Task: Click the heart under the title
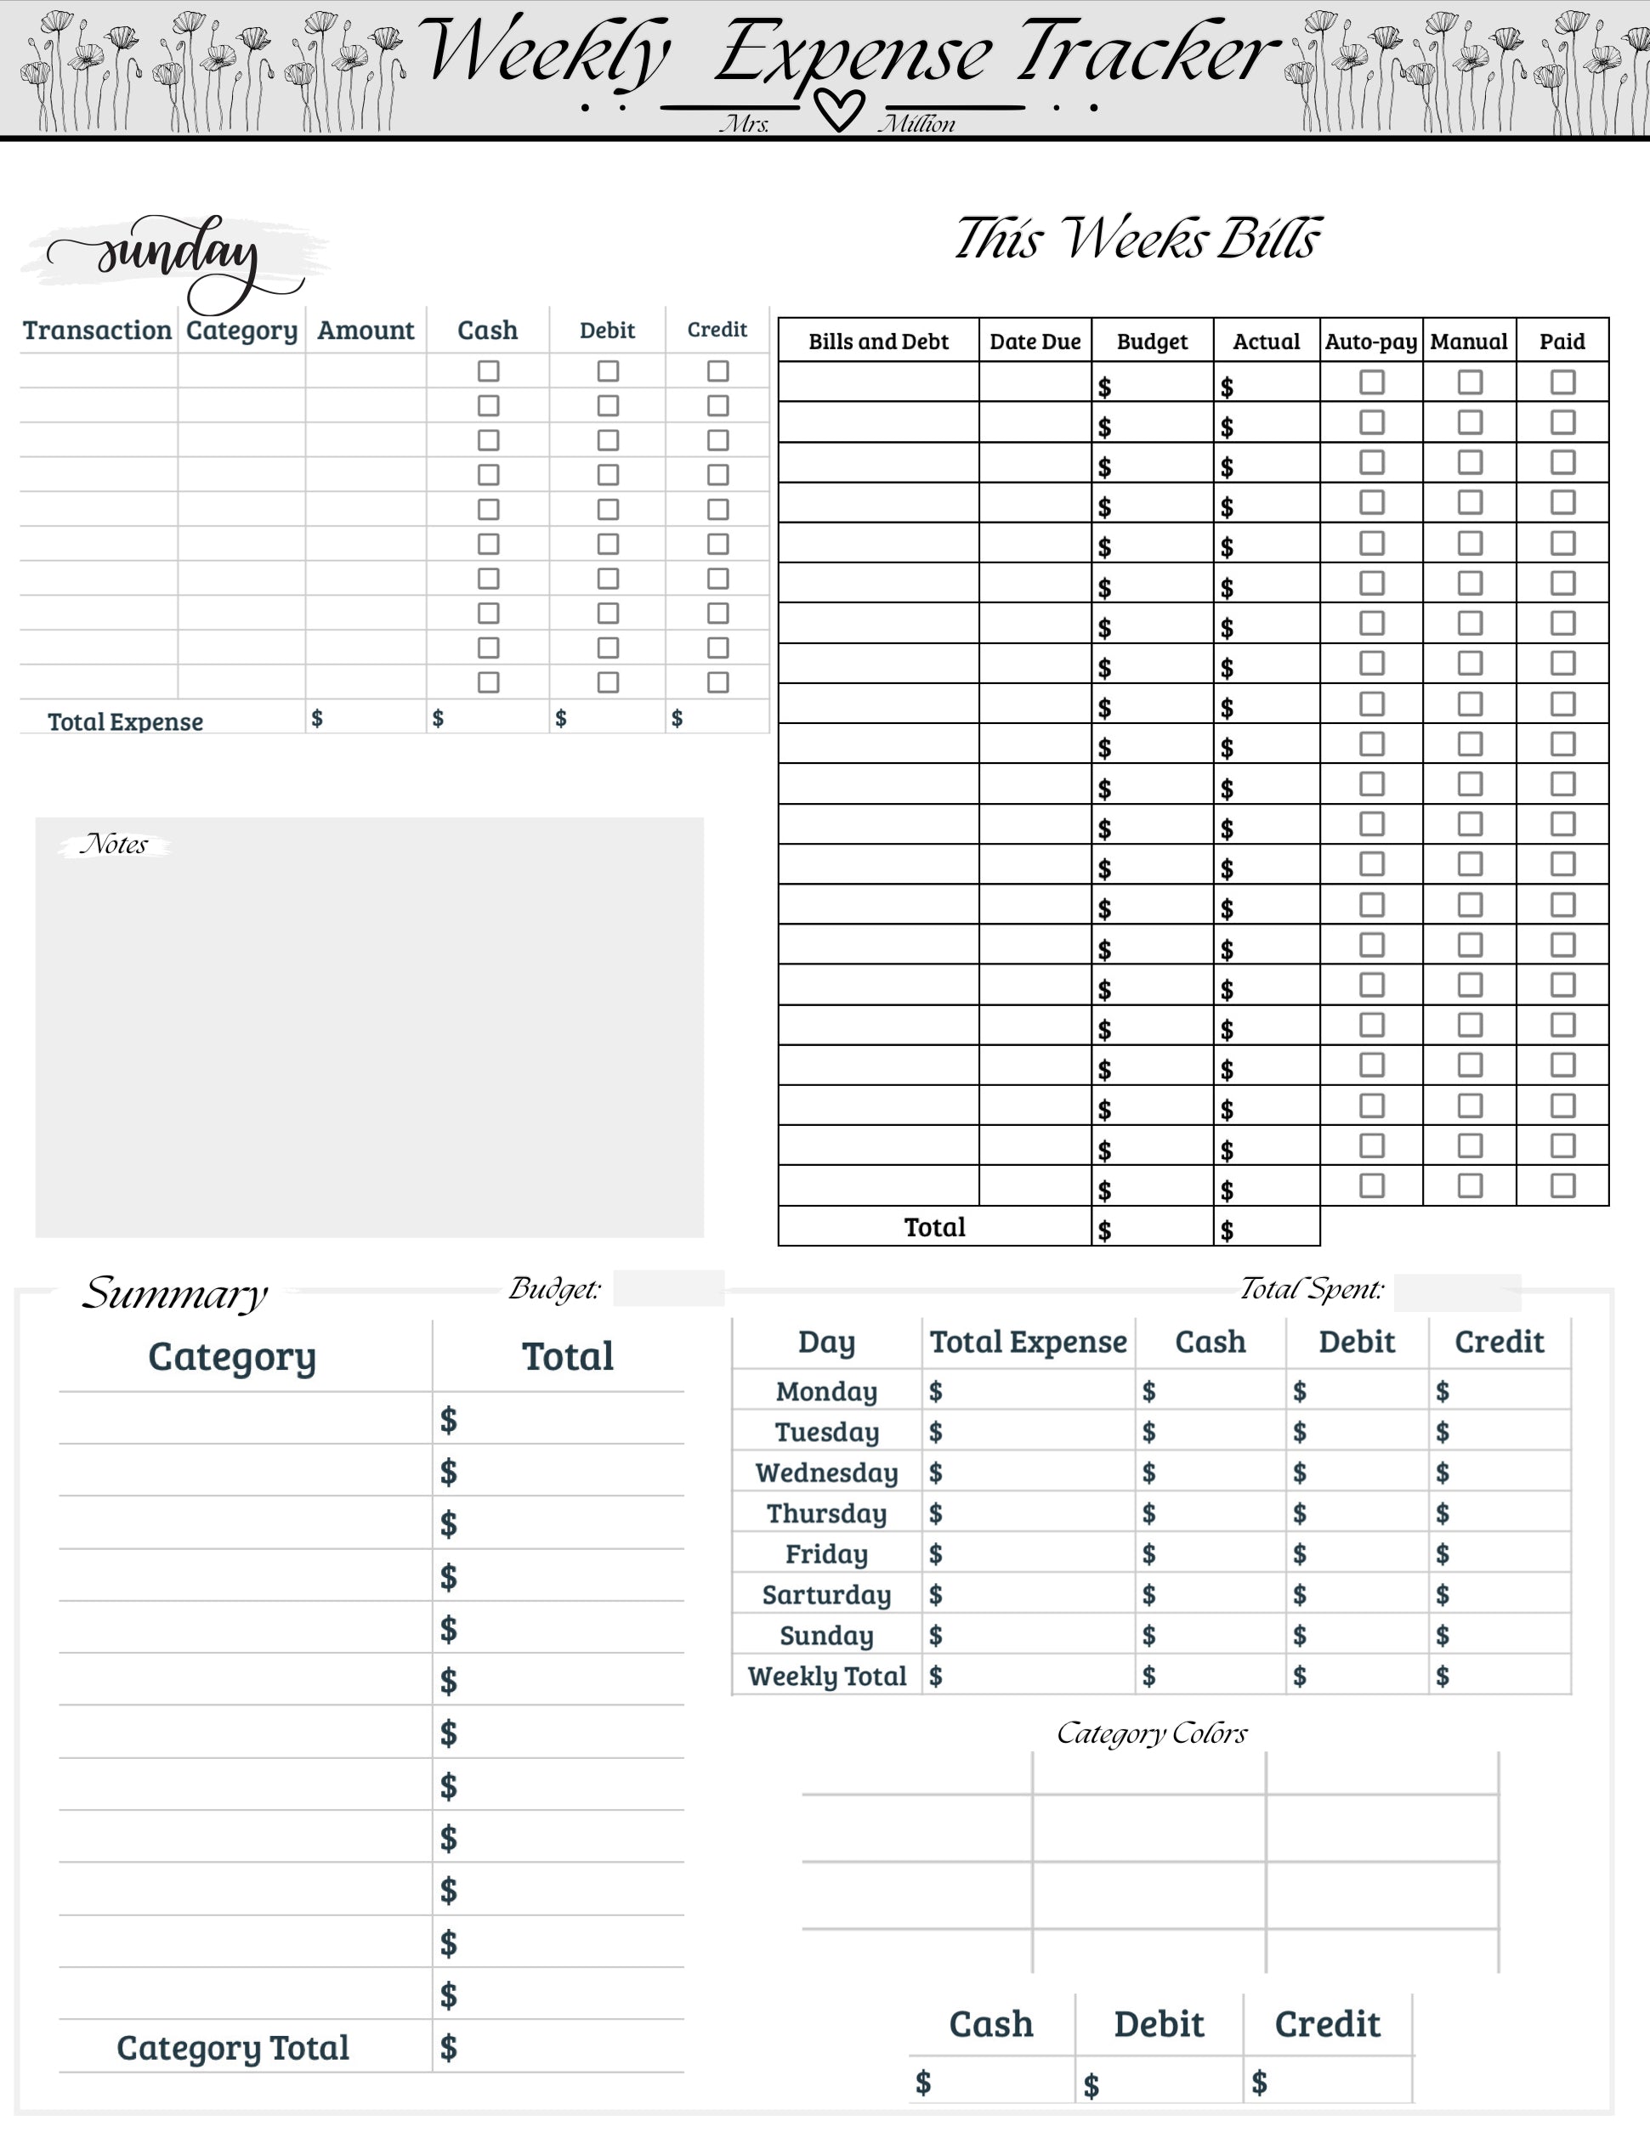point(840,110)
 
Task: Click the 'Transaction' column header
point(98,331)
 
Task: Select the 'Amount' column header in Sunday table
point(366,331)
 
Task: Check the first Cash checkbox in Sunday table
point(488,371)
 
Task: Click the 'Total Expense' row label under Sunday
point(125,721)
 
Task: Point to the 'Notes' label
point(114,845)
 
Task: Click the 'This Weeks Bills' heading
point(1137,239)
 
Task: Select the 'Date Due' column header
point(1035,342)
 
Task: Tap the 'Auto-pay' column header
point(1371,342)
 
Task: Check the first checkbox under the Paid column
point(1562,382)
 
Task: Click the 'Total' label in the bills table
point(934,1227)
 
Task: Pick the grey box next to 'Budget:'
point(669,1288)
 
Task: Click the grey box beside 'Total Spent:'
point(1457,1292)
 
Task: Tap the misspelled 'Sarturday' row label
point(826,1594)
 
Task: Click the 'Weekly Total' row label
point(827,1677)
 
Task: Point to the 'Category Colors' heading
point(1152,1733)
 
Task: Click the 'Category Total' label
point(232,2047)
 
